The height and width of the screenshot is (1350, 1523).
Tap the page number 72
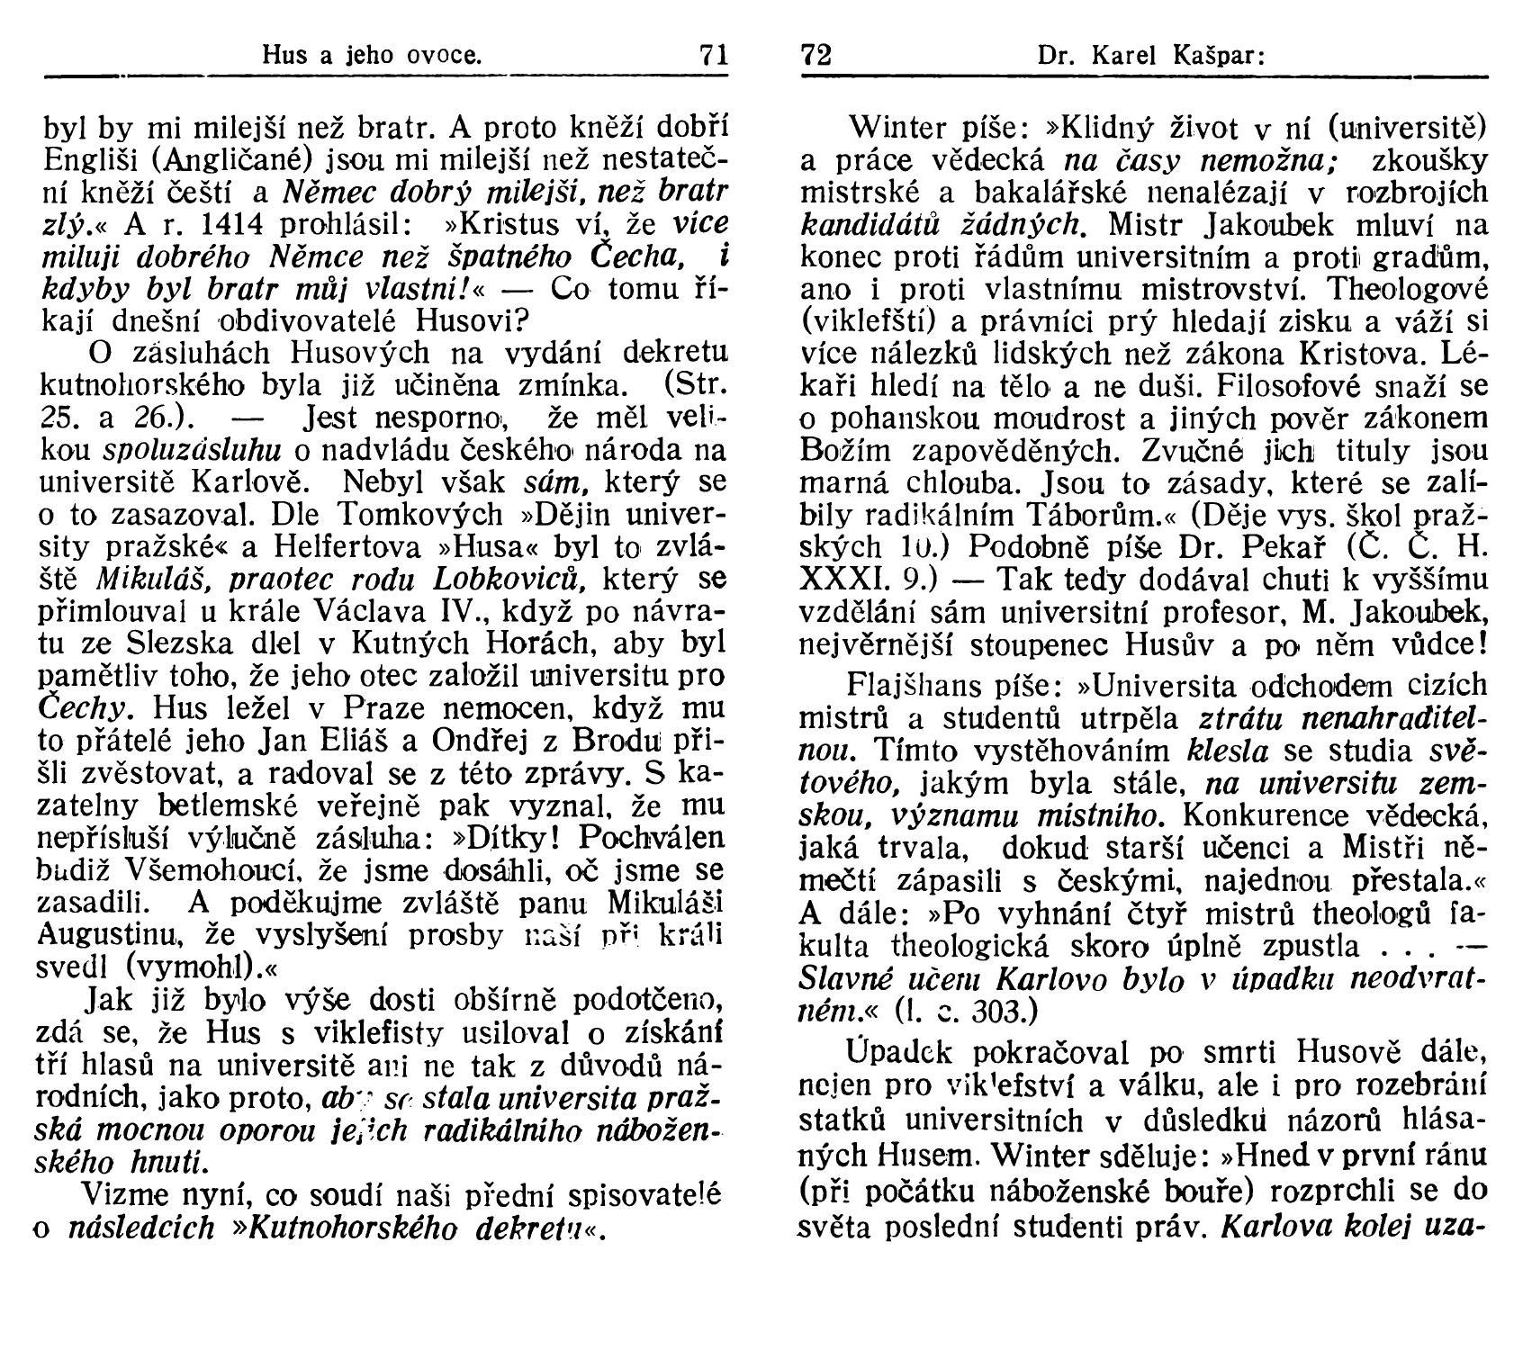point(816,56)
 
